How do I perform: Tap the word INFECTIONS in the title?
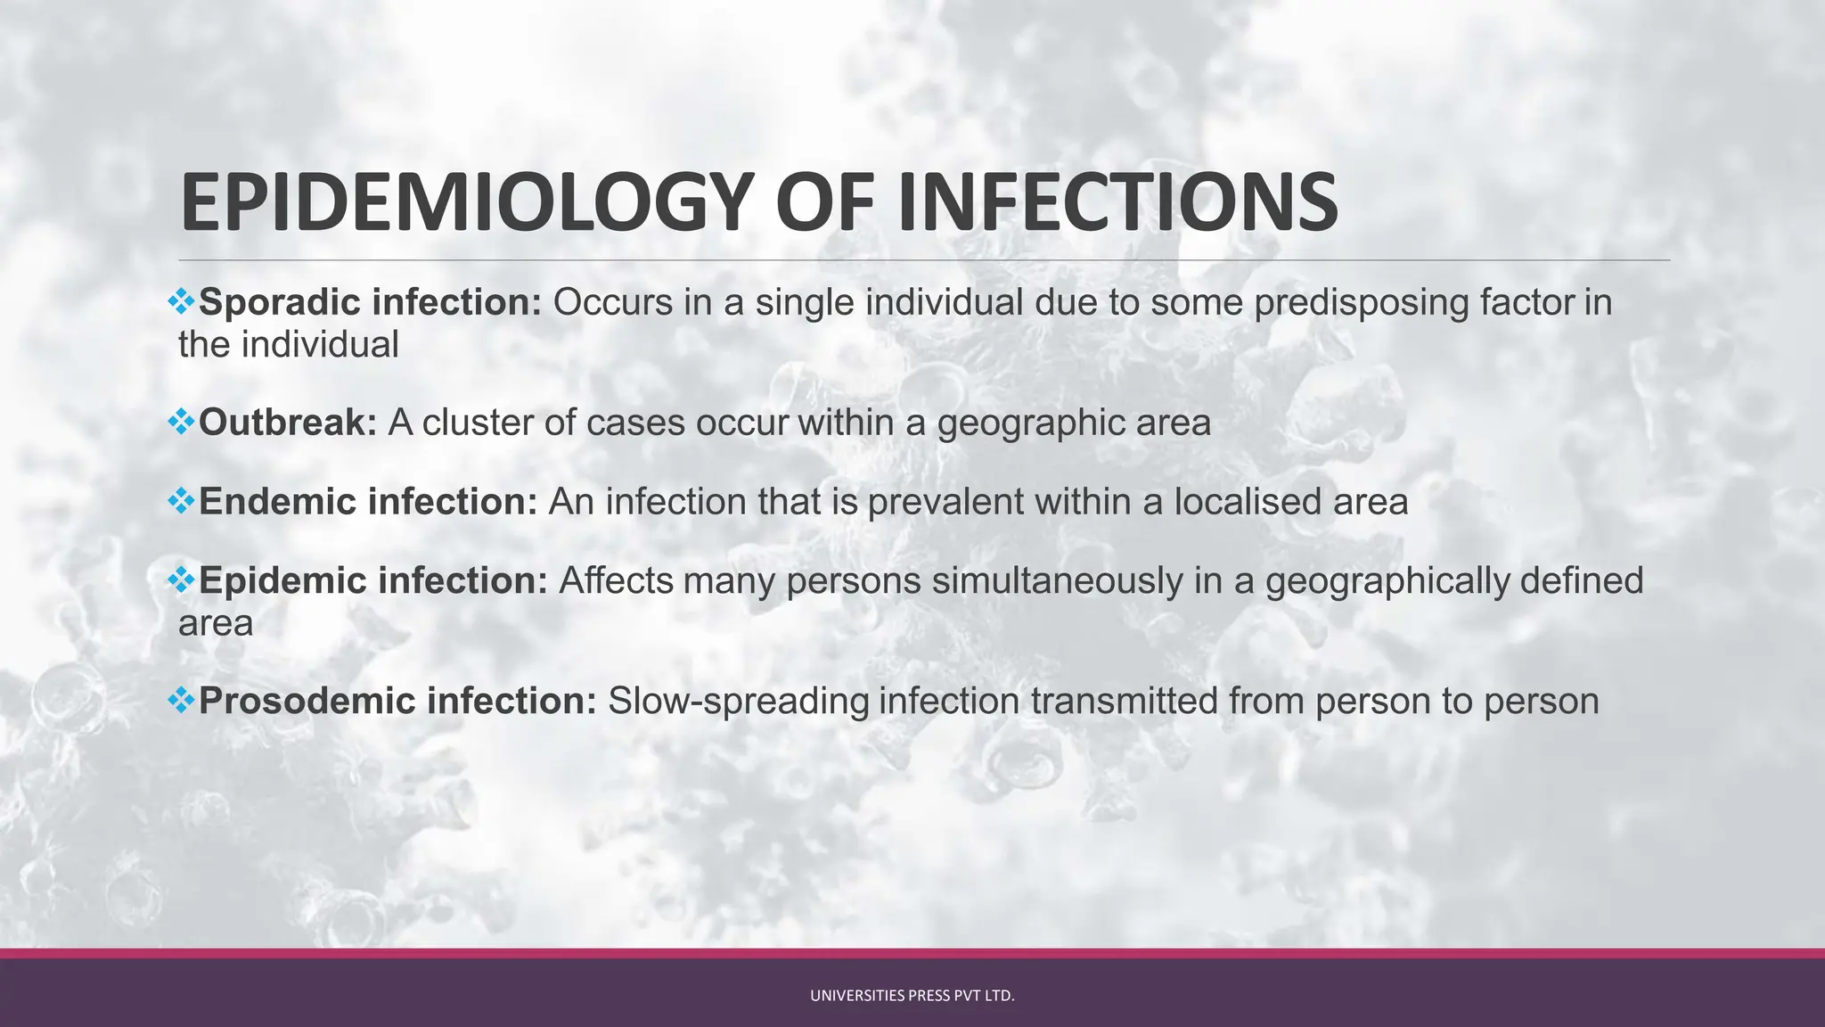1117,203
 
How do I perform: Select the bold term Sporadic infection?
369,303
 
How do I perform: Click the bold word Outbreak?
288,423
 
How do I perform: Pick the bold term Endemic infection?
367,502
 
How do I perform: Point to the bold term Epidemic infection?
372,581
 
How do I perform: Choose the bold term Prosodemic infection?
397,701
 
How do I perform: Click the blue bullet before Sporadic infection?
181,301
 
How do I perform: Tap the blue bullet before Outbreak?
181,421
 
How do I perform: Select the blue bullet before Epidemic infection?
181,579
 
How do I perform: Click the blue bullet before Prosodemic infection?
181,700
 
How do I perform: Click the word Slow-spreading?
738,701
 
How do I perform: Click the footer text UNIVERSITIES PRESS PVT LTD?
912,996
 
